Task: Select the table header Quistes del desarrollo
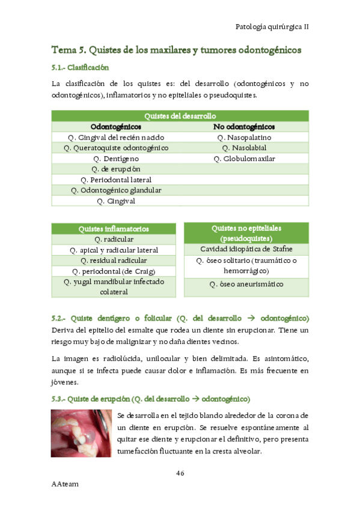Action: [180, 116]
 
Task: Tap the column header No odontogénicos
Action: [244, 127]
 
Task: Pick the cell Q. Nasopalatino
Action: [244, 138]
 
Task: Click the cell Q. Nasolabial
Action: [244, 148]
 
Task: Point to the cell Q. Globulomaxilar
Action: [244, 159]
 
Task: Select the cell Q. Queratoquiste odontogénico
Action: [116, 148]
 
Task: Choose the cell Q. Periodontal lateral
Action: [116, 180]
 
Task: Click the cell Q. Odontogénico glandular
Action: [116, 191]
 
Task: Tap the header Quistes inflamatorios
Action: [114, 229]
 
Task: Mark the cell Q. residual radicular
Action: [114, 260]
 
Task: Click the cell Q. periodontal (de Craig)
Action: [114, 271]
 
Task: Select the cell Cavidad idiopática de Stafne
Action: [246, 249]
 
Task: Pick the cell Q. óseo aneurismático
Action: [246, 284]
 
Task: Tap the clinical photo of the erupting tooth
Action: [82, 434]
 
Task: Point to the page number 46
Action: [180, 473]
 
